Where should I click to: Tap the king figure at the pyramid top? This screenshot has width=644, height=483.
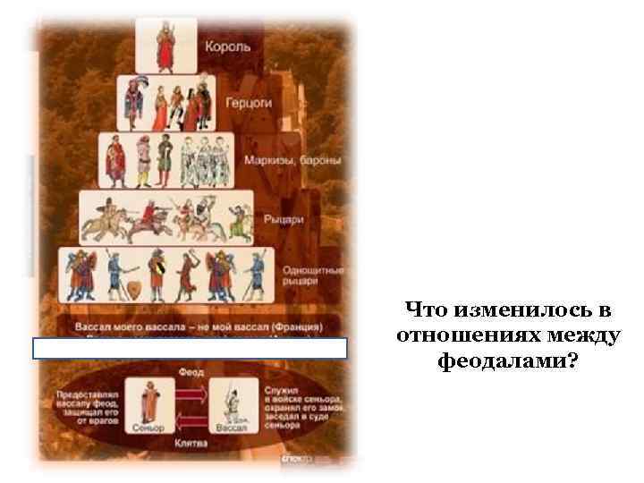pos(165,45)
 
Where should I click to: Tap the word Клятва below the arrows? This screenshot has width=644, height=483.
pos(192,442)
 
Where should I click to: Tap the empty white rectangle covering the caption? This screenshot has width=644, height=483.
pos(189,349)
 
